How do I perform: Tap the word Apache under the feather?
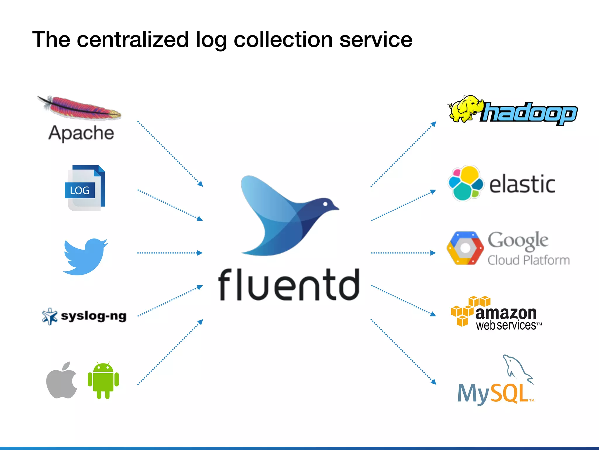click(81, 133)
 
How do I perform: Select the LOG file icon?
click(85, 188)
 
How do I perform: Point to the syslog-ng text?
click(94, 316)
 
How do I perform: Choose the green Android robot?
click(103, 380)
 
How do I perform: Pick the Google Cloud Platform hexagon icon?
click(465, 248)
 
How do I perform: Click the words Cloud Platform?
click(529, 260)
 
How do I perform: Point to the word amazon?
click(506, 313)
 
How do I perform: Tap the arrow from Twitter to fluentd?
click(170, 253)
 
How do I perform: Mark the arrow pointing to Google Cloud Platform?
click(403, 253)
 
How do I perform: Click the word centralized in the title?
click(133, 40)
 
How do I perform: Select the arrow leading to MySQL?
click(403, 352)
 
